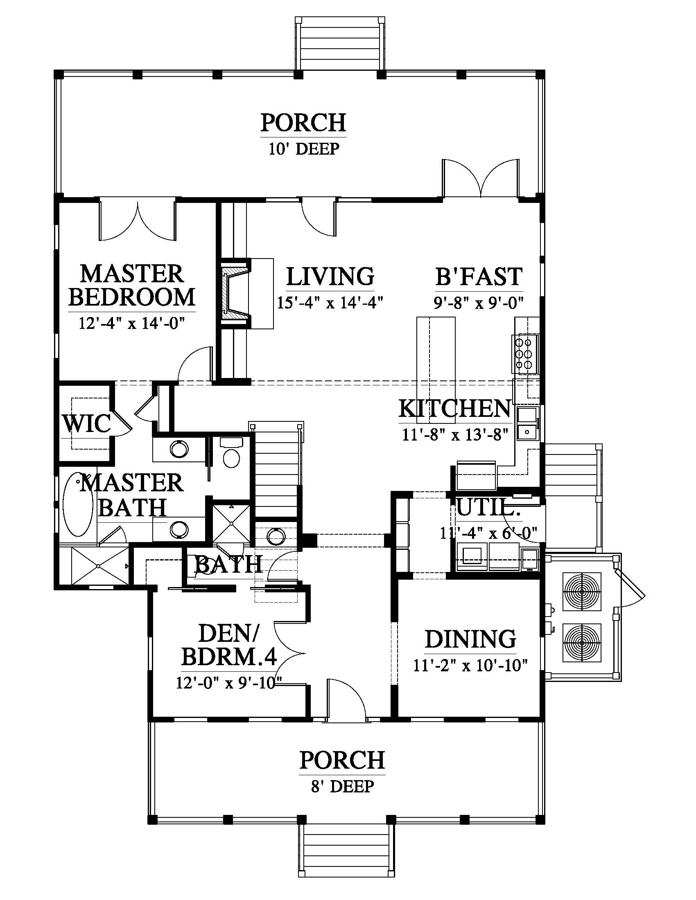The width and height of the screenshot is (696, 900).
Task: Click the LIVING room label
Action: tap(330, 277)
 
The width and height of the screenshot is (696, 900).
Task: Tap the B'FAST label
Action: tap(479, 277)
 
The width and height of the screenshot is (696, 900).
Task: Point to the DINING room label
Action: tap(470, 639)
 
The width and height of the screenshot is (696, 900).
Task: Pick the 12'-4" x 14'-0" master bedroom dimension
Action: tap(131, 323)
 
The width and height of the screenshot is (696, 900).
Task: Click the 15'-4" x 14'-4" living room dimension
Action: tap(330, 303)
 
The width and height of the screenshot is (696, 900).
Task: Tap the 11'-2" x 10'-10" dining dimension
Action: tap(470, 666)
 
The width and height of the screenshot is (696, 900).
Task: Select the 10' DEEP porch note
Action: tap(304, 148)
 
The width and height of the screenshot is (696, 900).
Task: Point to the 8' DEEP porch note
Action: tap(343, 786)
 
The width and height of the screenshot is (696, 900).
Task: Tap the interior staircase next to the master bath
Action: tap(277, 469)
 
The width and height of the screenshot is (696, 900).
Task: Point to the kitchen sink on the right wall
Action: tap(528, 424)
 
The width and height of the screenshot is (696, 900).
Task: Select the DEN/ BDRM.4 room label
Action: tap(229, 646)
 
